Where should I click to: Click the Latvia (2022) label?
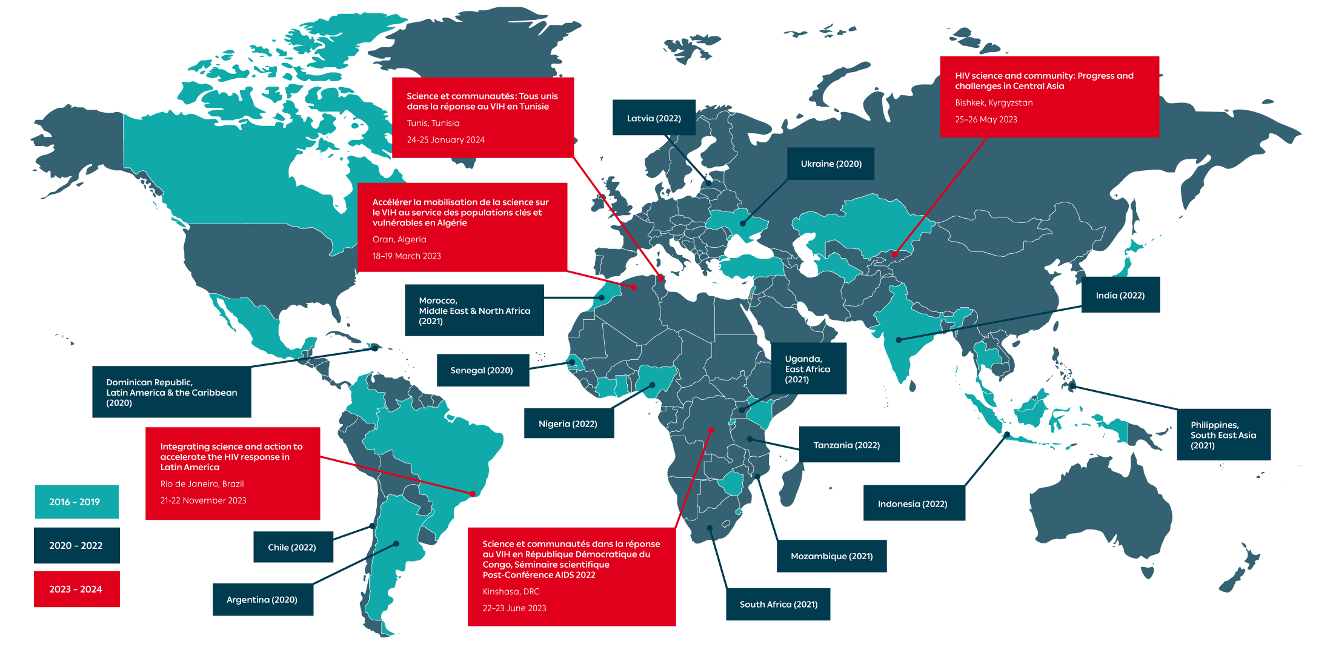click(x=654, y=118)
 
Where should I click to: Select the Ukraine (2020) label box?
click(x=831, y=164)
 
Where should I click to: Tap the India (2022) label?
click(x=1120, y=295)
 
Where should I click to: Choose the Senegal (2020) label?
click(x=482, y=370)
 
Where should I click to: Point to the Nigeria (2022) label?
click(x=568, y=423)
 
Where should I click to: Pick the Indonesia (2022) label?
click(x=912, y=503)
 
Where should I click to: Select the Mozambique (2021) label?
click(x=831, y=556)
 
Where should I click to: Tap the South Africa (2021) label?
click(x=778, y=604)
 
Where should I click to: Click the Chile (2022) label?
click(x=292, y=547)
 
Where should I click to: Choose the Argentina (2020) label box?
click(x=262, y=599)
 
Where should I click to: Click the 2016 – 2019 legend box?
click(x=75, y=502)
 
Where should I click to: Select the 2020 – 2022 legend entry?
click(x=76, y=545)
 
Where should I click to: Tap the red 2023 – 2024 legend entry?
click(x=76, y=589)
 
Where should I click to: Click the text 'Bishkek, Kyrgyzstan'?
click(x=994, y=102)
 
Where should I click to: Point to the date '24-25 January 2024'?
click(x=445, y=140)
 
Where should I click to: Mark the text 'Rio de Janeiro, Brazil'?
click(x=202, y=483)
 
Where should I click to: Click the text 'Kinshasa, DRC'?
click(x=511, y=591)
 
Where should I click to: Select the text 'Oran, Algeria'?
click(x=399, y=239)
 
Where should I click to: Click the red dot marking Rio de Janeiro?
click(x=473, y=494)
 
